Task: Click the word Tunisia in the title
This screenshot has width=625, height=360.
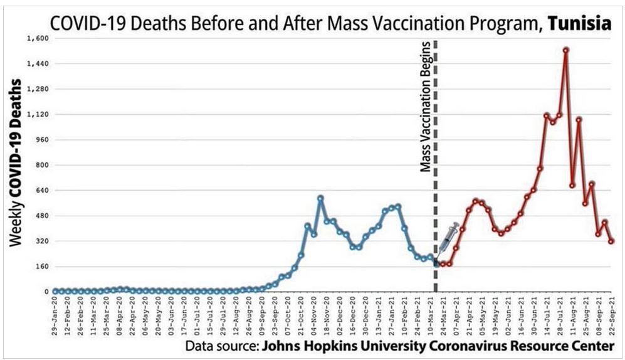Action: pyautogui.click(x=580, y=24)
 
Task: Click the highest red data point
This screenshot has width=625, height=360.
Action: pyautogui.click(x=565, y=50)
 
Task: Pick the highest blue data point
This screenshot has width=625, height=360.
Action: pyautogui.click(x=320, y=198)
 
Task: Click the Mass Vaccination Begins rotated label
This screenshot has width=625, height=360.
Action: pyautogui.click(x=426, y=107)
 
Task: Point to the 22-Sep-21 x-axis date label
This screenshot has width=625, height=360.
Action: pyautogui.click(x=612, y=317)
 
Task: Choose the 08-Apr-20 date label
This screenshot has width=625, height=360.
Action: pyautogui.click(x=120, y=317)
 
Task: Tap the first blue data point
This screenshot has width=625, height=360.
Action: pyautogui.click(x=55, y=291)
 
